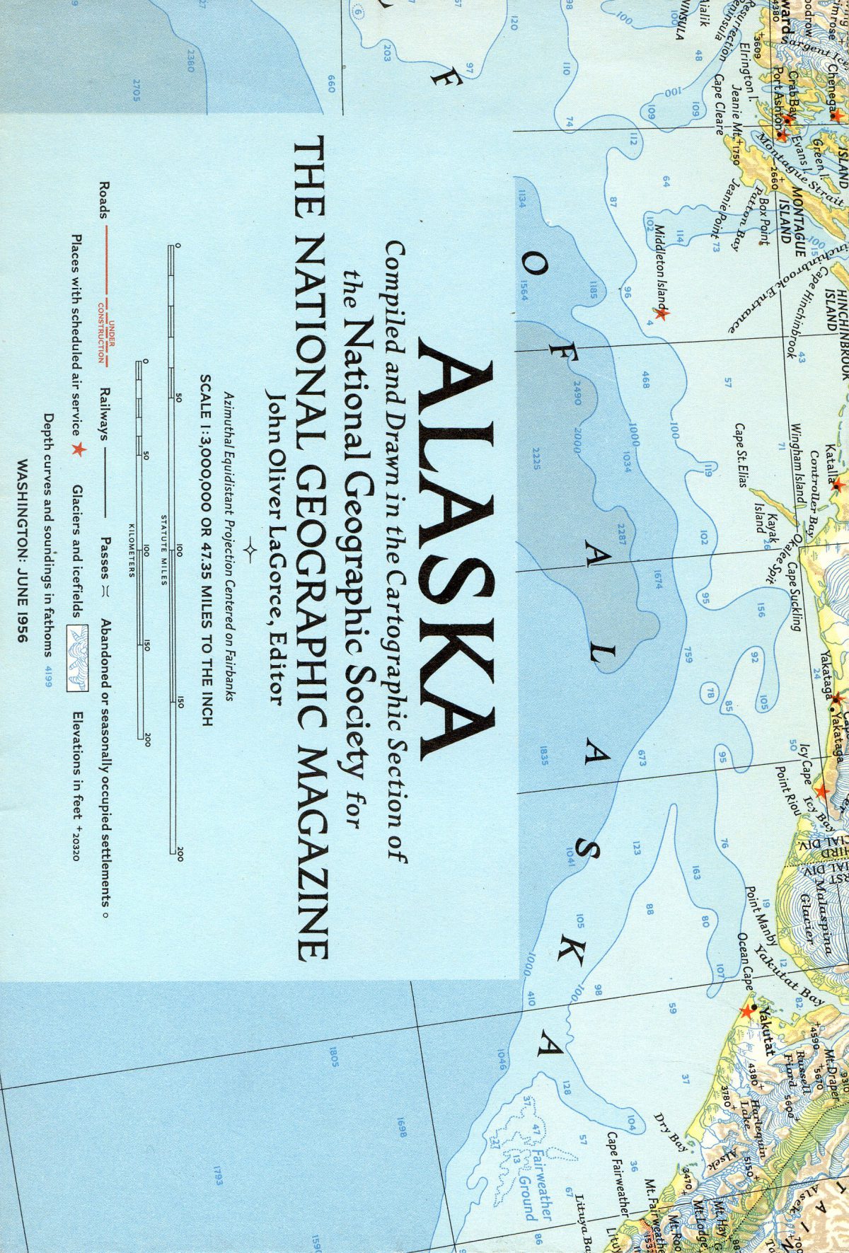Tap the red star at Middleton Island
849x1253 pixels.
click(661, 313)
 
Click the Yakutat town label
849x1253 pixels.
click(763, 1027)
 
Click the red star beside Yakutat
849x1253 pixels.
click(746, 1011)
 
